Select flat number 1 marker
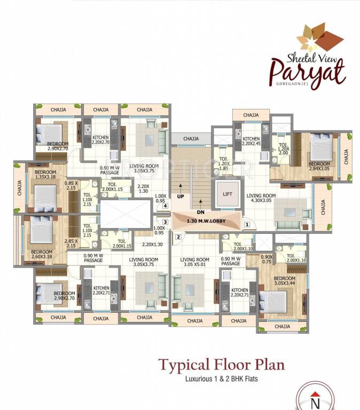246,225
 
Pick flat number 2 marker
178,236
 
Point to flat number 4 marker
166,206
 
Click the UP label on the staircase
181,196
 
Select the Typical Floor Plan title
221,365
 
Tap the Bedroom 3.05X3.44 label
285,281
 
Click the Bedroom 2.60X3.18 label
42,254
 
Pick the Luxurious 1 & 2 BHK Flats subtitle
221,381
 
